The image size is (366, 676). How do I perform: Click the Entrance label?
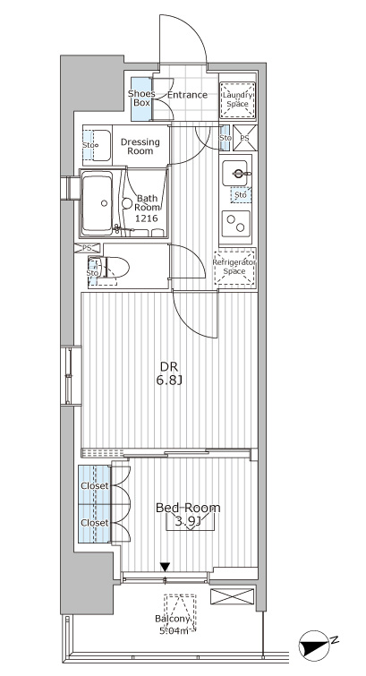[187, 95]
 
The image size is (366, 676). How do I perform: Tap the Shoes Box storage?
[141, 99]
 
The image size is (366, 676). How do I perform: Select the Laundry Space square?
[237, 100]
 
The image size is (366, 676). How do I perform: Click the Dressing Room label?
[140, 147]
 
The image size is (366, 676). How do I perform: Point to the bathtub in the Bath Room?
[97, 203]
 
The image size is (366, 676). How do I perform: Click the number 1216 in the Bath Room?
[147, 218]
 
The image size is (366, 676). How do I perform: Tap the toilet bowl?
[113, 269]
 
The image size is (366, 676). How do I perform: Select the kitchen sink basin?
[235, 174]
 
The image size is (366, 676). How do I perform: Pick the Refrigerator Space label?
[235, 267]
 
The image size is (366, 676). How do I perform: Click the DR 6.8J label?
[170, 372]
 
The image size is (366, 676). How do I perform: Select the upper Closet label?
[95, 486]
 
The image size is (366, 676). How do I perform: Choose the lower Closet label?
[95, 523]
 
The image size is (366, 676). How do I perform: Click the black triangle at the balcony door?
[165, 567]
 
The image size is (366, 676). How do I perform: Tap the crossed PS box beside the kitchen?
[245, 138]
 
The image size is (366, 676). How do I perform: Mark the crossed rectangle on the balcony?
[232, 596]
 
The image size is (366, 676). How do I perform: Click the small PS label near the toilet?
[87, 248]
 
